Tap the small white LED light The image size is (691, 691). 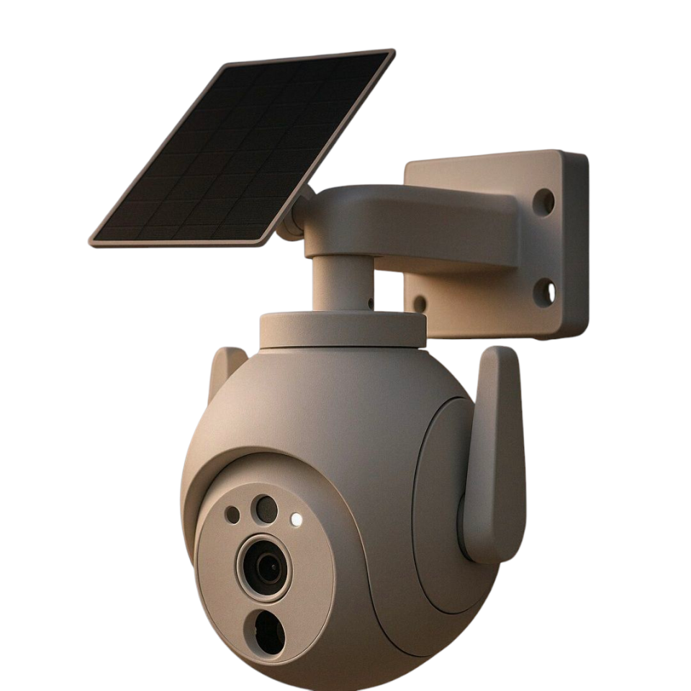[295, 518]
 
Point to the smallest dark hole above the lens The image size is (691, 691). [232, 514]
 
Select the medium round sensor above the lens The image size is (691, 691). [266, 509]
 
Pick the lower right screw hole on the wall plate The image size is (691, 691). [545, 292]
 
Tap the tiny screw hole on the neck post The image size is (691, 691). [370, 303]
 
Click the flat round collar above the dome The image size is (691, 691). [342, 330]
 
